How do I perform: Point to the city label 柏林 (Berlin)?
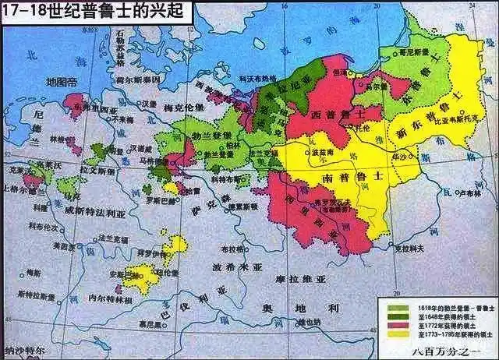(233, 145)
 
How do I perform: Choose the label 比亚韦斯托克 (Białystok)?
(445, 123)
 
